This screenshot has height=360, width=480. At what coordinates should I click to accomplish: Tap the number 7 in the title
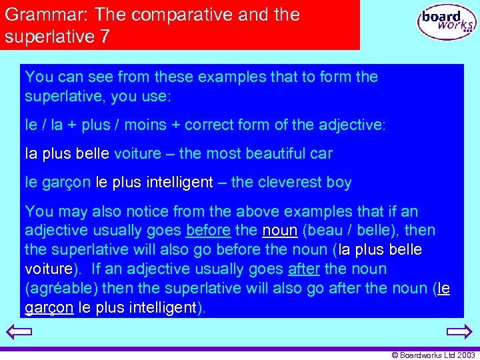point(105,37)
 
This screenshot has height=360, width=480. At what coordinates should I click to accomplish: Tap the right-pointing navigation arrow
point(459,332)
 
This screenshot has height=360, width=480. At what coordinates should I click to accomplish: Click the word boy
point(339,182)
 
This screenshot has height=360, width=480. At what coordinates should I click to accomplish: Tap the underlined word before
point(209,231)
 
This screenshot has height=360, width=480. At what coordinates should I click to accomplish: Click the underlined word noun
point(280,231)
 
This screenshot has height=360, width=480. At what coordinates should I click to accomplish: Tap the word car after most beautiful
point(320,153)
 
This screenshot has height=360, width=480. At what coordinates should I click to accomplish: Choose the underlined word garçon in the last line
point(49,307)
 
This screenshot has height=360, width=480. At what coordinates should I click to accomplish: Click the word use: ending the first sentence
point(155,96)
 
